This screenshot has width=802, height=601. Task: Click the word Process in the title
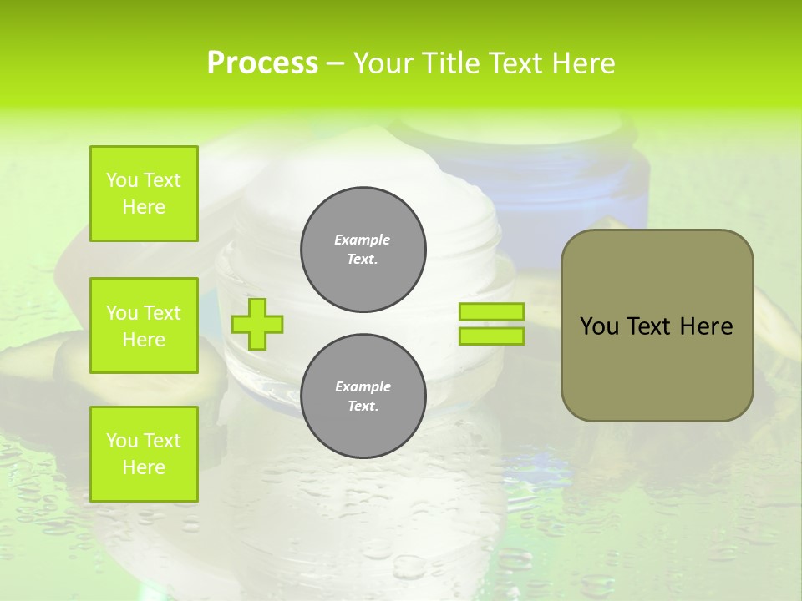click(x=262, y=63)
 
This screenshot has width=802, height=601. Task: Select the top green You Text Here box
click(x=144, y=194)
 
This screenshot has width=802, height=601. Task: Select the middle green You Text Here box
click(x=144, y=326)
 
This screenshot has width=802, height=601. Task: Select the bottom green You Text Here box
click(x=144, y=454)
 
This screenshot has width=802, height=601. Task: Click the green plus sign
click(x=257, y=324)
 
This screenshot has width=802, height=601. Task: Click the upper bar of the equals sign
click(x=491, y=311)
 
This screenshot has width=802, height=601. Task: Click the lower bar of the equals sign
click(x=491, y=336)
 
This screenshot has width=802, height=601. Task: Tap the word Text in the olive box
click(x=647, y=326)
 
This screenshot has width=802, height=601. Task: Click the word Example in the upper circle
click(x=363, y=240)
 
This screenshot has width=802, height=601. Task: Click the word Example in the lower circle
click(x=363, y=386)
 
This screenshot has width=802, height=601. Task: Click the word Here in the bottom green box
click(x=144, y=467)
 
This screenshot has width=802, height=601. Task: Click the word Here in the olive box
click(x=706, y=326)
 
